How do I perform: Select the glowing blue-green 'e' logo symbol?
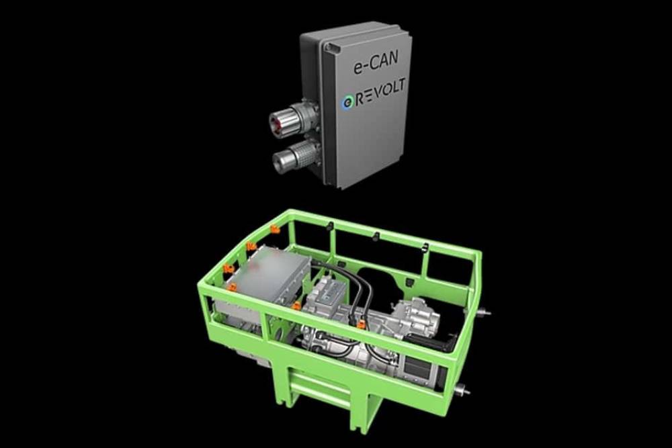point(347,102)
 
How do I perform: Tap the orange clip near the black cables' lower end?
point(361,325)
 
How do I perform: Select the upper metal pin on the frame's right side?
point(482,312)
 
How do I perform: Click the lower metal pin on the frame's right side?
point(462,390)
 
